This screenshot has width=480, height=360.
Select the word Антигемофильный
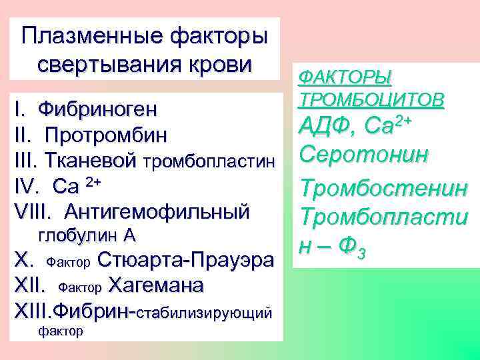157,211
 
